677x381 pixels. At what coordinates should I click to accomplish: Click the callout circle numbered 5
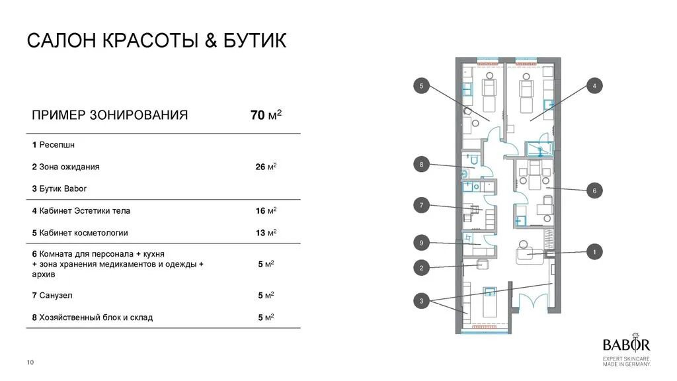(x=421, y=85)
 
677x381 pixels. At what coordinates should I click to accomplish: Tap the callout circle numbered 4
(x=594, y=86)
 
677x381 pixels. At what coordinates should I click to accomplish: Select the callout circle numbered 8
(x=421, y=164)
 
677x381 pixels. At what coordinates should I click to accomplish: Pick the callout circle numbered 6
(x=594, y=190)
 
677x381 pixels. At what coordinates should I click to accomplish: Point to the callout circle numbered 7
(x=421, y=206)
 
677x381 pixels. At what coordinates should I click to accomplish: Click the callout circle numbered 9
(x=421, y=243)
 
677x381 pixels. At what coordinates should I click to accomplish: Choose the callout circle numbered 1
(x=594, y=251)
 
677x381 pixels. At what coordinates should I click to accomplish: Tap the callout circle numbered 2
(x=421, y=268)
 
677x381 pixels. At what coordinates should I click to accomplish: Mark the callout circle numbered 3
(x=421, y=302)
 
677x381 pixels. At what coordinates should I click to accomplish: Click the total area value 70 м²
(x=266, y=115)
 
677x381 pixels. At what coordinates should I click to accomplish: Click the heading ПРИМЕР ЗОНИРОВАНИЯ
(x=110, y=115)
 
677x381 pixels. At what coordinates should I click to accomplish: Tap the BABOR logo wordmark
(x=626, y=345)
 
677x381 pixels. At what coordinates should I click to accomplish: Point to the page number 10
(x=30, y=362)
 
